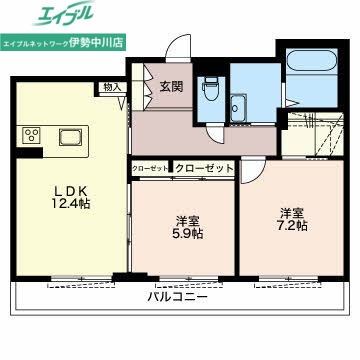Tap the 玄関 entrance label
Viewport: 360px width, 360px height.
tap(170, 87)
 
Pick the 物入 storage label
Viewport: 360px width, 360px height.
tap(113, 88)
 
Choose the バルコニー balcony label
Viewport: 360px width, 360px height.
tap(176, 298)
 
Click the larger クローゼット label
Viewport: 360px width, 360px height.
tap(204, 169)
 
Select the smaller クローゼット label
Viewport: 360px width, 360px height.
tap(150, 169)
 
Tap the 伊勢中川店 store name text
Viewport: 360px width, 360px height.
tap(122, 45)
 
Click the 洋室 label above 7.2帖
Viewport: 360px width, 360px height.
tap(292, 212)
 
